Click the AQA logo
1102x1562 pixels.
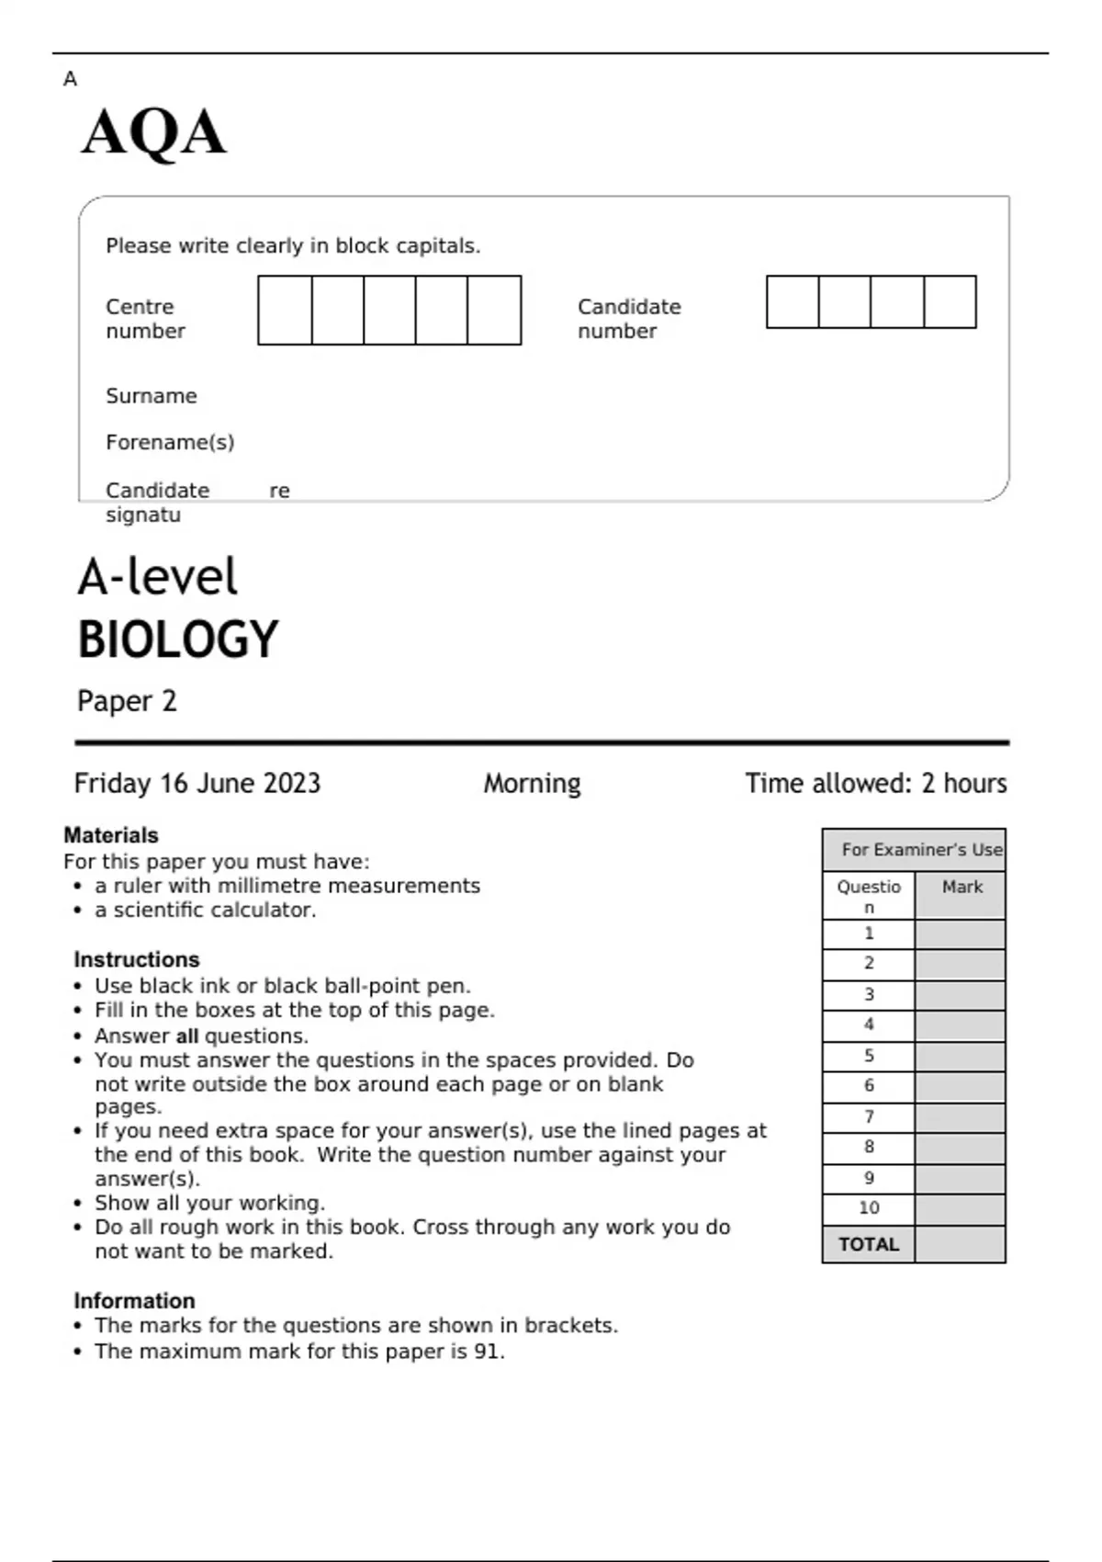[x=153, y=133]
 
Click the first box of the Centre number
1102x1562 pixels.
[x=285, y=311]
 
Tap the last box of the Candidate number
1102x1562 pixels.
[x=950, y=302]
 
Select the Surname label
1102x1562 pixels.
[x=151, y=396]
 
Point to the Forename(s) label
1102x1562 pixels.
[x=170, y=443]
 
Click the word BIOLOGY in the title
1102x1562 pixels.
[x=177, y=640]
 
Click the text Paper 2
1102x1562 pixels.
[x=127, y=701]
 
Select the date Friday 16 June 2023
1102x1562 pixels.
[x=197, y=784]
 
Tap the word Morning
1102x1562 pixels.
[x=532, y=784]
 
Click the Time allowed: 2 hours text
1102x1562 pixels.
[x=875, y=784]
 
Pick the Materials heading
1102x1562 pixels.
[x=111, y=835]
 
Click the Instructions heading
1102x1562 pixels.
[x=137, y=959]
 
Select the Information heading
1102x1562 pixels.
[x=134, y=1301]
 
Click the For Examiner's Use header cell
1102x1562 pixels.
[x=921, y=850]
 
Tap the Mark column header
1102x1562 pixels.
[x=961, y=888]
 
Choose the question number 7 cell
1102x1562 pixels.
[x=869, y=1117]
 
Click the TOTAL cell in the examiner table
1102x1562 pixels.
[x=868, y=1245]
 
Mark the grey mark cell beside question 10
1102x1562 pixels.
[x=960, y=1209]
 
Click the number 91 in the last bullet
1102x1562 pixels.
[x=487, y=1352]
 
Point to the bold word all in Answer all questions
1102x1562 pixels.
[x=187, y=1036]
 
